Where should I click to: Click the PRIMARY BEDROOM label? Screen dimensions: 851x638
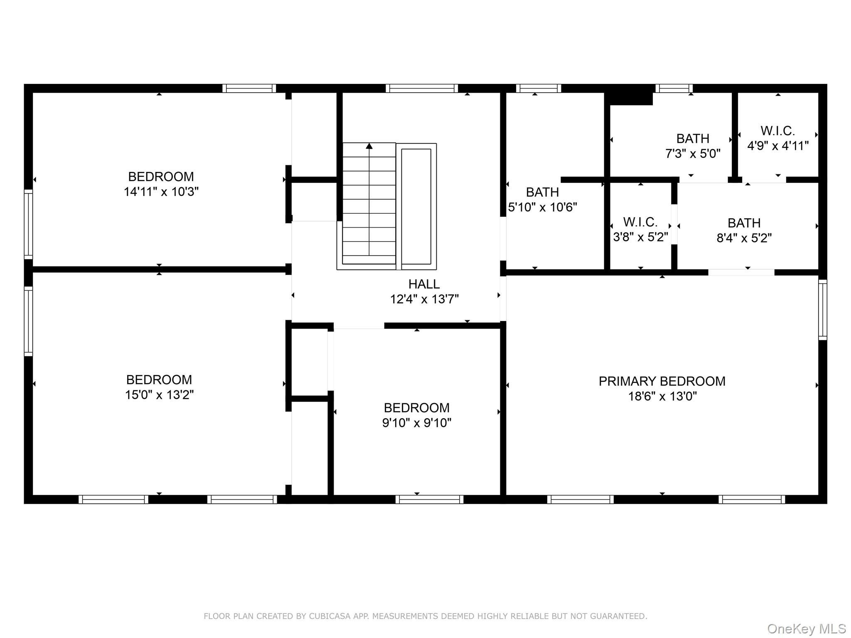[662, 381]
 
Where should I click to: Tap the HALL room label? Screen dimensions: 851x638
[424, 284]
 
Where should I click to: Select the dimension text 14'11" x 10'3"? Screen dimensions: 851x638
[161, 192]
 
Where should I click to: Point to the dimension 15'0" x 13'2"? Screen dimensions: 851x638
[160, 395]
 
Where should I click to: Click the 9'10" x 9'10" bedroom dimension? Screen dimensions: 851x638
[417, 423]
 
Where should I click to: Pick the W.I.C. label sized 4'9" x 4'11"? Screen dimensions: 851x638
[778, 131]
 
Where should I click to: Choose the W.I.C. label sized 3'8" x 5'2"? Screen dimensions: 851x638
[640, 222]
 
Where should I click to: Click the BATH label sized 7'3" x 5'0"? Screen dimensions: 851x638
[693, 138]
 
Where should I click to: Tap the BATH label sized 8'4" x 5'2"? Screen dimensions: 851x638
[744, 223]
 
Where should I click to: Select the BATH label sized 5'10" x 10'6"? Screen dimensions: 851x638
[542, 192]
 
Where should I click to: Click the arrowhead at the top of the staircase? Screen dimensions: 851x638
[369, 146]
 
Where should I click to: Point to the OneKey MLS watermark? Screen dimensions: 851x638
[807, 628]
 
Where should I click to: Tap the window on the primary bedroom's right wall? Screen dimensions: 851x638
[823, 310]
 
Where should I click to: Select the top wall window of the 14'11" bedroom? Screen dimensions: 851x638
[249, 88]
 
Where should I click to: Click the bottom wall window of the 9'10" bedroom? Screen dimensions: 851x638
[429, 499]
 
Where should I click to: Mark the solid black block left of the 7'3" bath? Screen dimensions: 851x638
[628, 95]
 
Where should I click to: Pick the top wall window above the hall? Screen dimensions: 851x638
[422, 88]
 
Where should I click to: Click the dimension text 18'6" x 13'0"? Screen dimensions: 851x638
[662, 396]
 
